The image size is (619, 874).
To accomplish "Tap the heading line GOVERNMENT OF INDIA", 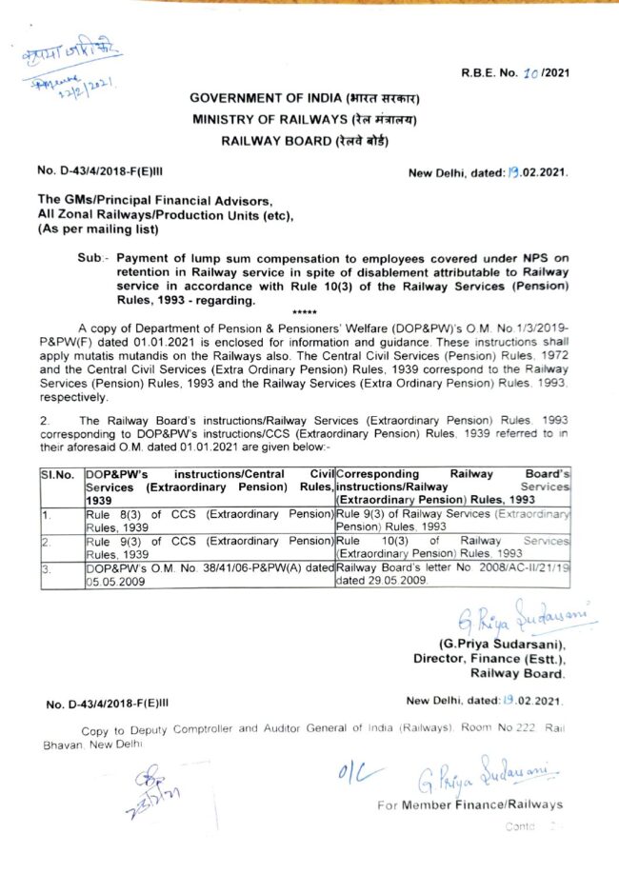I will coord(305,98).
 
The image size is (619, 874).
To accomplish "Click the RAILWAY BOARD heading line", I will coord(305,141).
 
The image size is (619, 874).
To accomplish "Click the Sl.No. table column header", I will coord(58,472).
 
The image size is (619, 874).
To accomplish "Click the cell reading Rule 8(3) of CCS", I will coord(209,521).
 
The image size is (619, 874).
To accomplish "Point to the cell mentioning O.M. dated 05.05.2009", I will coord(209,574).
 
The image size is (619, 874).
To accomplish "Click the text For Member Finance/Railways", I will coord(469,804).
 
